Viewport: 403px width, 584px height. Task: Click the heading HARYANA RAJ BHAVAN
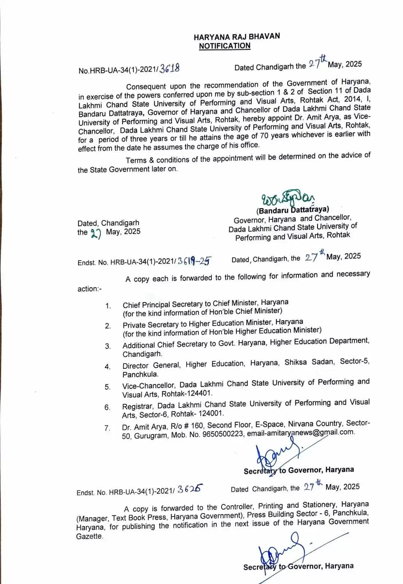(236, 37)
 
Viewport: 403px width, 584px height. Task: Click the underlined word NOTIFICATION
(224, 46)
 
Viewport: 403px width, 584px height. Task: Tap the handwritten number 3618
(169, 68)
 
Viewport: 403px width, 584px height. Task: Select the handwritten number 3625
(190, 489)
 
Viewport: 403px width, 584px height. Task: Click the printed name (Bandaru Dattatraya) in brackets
(292, 210)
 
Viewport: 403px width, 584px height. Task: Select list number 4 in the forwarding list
(108, 367)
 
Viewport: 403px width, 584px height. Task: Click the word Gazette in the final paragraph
(89, 536)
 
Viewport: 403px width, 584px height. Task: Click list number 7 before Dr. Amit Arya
(107, 428)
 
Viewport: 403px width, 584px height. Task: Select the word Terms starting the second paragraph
(136, 160)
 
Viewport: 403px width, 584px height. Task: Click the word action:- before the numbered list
(89, 289)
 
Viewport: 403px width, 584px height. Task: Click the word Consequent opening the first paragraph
(146, 87)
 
